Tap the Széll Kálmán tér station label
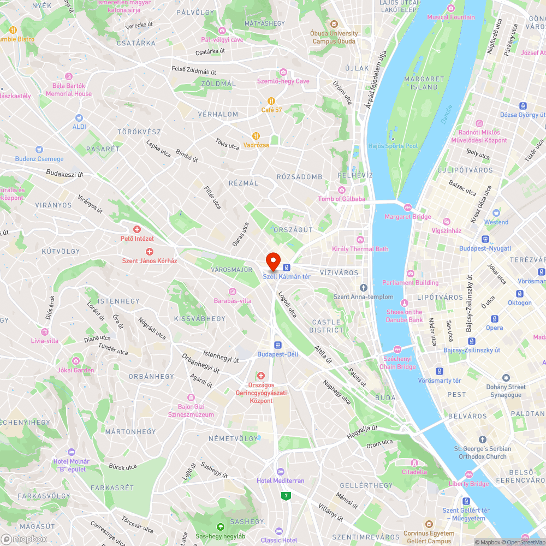coord(287,277)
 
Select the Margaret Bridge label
coord(408,217)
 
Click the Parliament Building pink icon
coord(410,274)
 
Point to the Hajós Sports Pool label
coord(393,146)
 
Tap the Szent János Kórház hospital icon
coord(149,251)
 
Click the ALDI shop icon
coord(79,117)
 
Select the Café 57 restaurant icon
coord(271,100)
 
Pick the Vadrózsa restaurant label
coord(256,145)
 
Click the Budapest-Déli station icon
coord(278,345)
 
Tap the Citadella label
coord(414,472)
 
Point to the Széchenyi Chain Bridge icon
coord(397,349)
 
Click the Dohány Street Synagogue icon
coord(506,378)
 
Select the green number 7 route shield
coord(286,496)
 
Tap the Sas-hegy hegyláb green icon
coord(221,527)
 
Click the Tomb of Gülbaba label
coord(342,199)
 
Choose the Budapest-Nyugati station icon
coord(485,239)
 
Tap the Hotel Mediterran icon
coord(281,471)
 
